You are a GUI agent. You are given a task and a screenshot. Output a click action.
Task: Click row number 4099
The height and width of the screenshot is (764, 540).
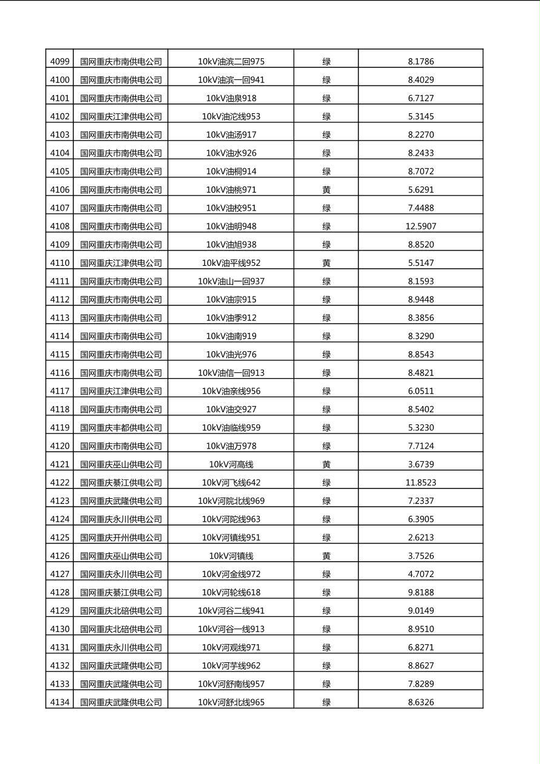(59, 61)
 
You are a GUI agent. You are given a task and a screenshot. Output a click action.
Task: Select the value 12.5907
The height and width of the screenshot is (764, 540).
(421, 226)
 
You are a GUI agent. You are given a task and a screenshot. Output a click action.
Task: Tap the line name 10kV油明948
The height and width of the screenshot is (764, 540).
(231, 226)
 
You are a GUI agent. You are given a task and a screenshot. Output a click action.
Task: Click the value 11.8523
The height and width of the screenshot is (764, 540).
(421, 482)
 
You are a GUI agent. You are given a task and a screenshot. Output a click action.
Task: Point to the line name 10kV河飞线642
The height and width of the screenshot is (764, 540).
(231, 482)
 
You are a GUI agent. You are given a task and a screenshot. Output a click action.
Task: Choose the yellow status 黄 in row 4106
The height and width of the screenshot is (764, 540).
(326, 189)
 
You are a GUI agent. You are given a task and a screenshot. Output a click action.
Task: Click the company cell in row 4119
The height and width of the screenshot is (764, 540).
(121, 427)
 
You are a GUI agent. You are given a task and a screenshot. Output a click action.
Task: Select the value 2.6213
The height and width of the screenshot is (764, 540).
(421, 538)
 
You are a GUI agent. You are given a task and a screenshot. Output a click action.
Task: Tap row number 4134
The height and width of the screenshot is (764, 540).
(59, 702)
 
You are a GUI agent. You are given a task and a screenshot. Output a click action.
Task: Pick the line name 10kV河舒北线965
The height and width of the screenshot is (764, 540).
(231, 702)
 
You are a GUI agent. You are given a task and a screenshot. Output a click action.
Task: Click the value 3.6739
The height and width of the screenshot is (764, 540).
(421, 464)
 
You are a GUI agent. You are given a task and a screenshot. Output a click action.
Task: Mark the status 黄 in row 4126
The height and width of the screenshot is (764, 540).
(326, 556)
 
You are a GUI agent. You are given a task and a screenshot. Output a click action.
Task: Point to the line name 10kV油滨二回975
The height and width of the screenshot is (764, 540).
(231, 61)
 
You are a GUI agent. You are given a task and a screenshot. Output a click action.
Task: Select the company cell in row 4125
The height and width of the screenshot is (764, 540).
(121, 538)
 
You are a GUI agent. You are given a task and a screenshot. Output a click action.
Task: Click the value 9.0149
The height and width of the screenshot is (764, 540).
(421, 611)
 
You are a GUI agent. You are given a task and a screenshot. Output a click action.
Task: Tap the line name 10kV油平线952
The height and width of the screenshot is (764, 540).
(231, 263)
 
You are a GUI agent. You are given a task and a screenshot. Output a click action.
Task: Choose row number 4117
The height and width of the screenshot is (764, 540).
(59, 391)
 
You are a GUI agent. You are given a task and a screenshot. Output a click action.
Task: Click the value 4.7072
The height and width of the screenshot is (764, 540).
(421, 574)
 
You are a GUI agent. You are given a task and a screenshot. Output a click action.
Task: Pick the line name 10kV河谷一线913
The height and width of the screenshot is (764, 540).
(231, 629)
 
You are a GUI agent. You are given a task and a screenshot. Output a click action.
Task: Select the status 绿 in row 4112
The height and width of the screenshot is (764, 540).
(326, 300)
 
